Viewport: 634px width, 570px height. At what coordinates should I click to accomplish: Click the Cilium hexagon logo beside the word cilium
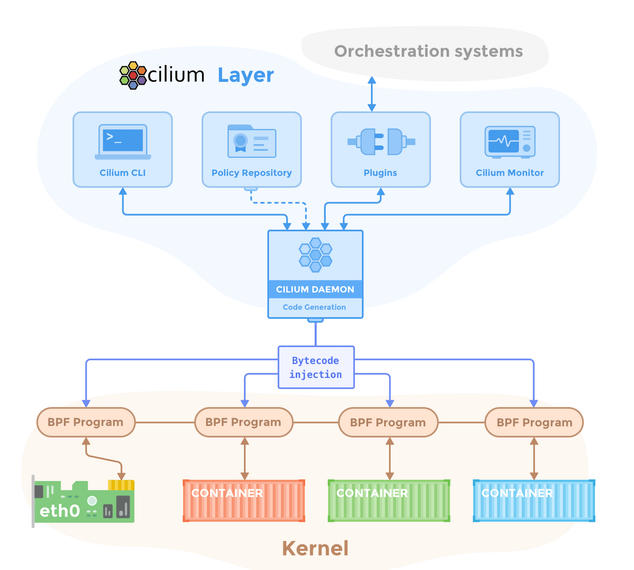point(133,75)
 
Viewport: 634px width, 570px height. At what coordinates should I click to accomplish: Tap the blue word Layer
point(245,76)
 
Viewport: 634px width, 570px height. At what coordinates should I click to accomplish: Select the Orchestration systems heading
point(428,51)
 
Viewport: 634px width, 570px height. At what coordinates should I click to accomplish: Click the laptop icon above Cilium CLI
point(122,141)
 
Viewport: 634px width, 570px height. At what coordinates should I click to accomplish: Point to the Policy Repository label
point(251,173)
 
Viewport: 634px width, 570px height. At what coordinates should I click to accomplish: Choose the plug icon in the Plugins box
point(381,141)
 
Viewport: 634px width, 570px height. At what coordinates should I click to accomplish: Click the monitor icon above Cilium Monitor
point(510,142)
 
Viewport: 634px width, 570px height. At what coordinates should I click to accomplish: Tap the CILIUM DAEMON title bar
point(315,289)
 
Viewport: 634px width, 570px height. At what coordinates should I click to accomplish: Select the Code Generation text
point(314,307)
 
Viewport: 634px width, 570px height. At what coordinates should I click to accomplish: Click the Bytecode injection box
point(316,367)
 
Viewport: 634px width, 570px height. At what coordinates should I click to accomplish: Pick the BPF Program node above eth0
point(86,422)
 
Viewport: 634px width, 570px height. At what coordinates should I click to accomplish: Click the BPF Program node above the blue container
point(534,422)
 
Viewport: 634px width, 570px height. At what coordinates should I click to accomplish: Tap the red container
point(244,501)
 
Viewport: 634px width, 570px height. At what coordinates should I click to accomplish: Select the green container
point(389,501)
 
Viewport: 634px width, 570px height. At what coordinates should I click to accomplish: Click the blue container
point(534,501)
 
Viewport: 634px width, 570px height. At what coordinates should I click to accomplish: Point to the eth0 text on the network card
point(60,510)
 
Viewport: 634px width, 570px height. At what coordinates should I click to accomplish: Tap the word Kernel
point(315,548)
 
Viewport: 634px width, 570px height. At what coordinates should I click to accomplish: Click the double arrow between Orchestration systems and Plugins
point(372,94)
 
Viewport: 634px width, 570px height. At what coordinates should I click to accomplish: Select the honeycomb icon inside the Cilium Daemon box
point(316,255)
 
